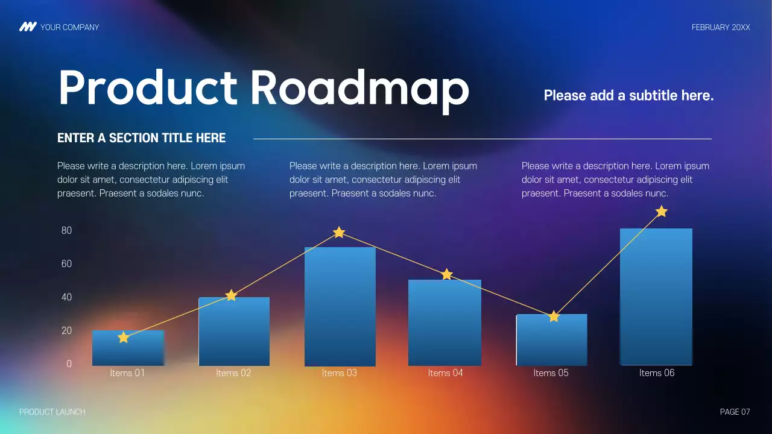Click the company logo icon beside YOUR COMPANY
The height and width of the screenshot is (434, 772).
[28, 27]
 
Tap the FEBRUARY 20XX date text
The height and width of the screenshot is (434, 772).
[721, 27]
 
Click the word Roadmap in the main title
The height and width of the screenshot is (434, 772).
[359, 89]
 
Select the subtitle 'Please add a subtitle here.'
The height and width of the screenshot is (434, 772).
[628, 95]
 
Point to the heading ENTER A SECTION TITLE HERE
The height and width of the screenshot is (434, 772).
[141, 138]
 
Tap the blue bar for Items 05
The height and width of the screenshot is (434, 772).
[551, 340]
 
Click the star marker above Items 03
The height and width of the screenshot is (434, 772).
[339, 232]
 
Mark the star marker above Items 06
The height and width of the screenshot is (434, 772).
[661, 212]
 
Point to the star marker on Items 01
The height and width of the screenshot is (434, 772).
[124, 338]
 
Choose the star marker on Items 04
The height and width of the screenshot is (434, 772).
[446, 274]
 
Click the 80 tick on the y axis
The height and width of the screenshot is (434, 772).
[66, 230]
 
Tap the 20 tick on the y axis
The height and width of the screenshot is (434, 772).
[66, 330]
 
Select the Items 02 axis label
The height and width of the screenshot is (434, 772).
[233, 373]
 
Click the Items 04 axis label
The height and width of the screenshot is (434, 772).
[445, 373]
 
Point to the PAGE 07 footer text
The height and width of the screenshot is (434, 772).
[735, 412]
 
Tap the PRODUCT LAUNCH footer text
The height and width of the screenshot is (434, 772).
[52, 412]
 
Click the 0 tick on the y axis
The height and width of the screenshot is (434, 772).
[69, 363]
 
